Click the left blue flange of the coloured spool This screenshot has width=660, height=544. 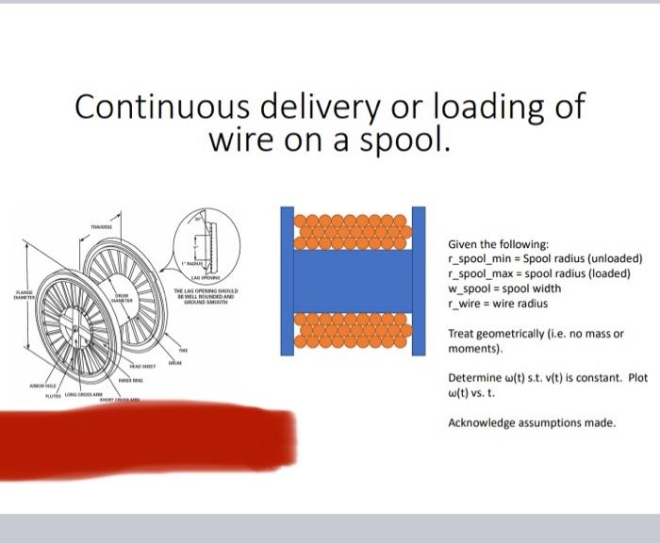point(287,281)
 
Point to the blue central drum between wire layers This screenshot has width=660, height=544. point(354,281)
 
